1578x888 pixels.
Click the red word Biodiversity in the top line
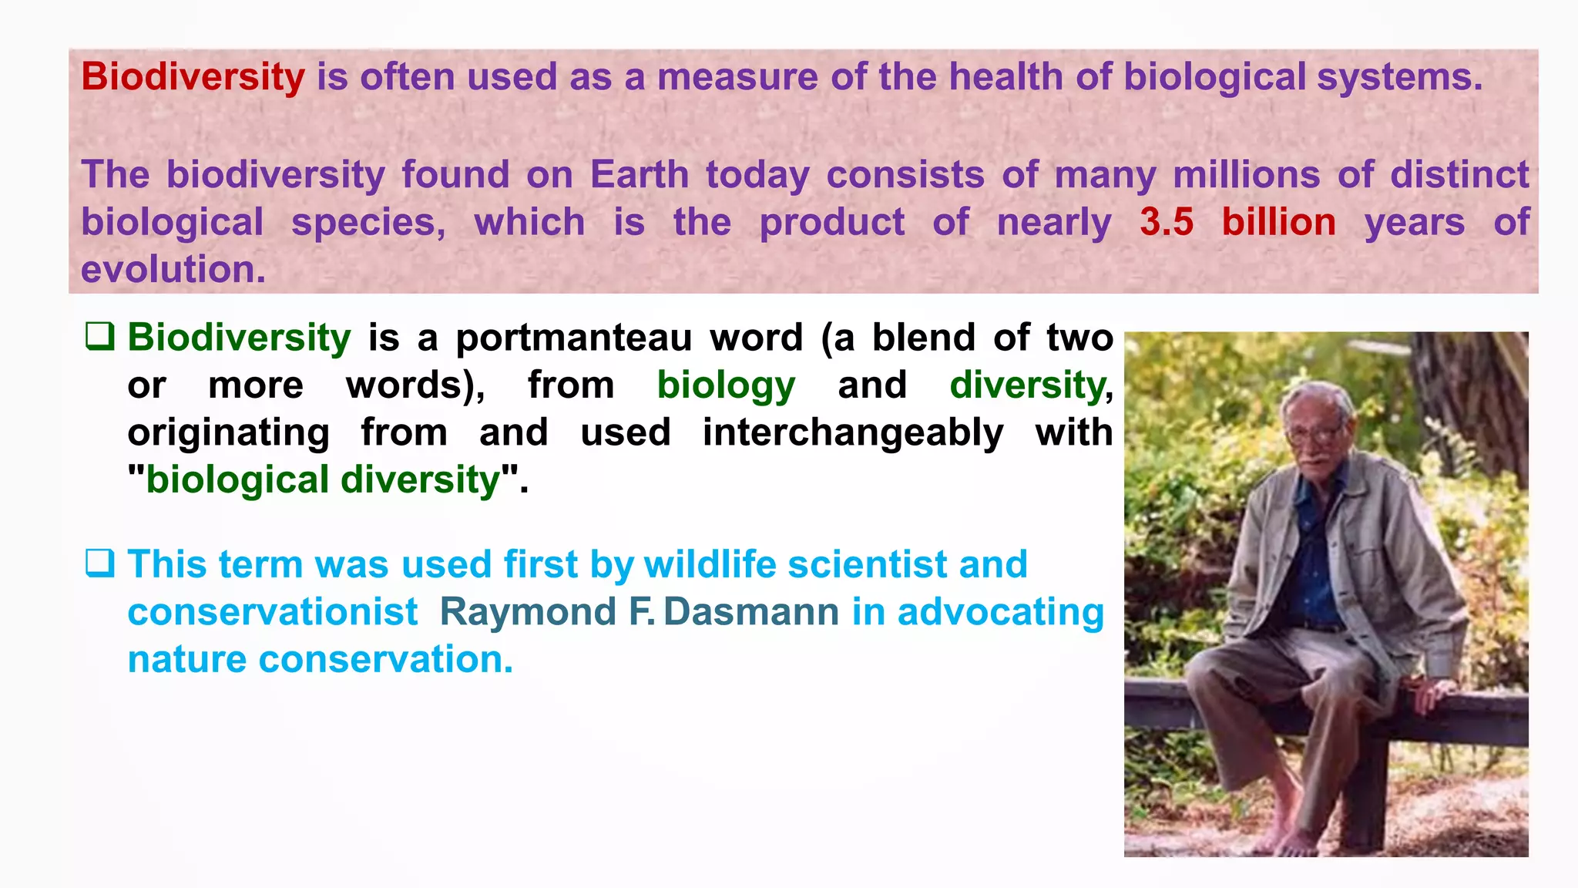pyautogui.click(x=193, y=77)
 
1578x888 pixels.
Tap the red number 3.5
pyautogui.click(x=1166, y=222)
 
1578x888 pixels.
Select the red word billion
pyautogui.click(x=1278, y=222)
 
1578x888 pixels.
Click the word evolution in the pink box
pyautogui.click(x=173, y=270)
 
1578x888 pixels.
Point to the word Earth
pyautogui.click(x=639, y=174)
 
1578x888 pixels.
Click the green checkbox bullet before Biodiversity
pyautogui.click(x=100, y=336)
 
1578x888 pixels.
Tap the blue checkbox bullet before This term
pyautogui.click(x=100, y=563)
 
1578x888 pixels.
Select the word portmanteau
pyautogui.click(x=573, y=338)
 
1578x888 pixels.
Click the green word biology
pyautogui.click(x=725, y=385)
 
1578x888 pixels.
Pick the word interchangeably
pyautogui.click(x=853, y=432)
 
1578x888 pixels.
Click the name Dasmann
pyautogui.click(x=750, y=612)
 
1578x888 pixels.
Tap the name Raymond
pyautogui.click(x=528, y=612)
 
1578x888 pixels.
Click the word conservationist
pyautogui.click(x=272, y=612)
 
